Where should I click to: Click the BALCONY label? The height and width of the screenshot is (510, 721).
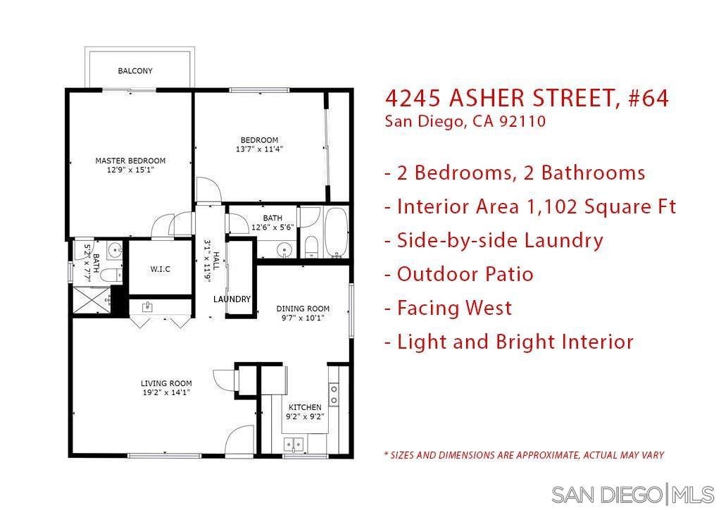coord(135,71)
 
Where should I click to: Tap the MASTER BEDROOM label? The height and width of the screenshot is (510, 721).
coord(130,161)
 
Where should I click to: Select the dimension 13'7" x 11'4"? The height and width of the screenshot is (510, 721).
coord(259,149)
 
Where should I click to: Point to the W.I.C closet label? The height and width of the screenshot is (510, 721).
coord(160,269)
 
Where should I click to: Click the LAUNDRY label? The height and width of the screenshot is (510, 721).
coord(232,299)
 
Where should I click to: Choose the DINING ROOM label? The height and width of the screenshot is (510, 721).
coord(303,309)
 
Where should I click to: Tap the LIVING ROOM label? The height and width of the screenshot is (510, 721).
coord(166,383)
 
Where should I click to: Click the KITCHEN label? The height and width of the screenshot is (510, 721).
coord(305,407)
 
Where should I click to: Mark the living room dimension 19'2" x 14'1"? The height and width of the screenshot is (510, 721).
coord(166,393)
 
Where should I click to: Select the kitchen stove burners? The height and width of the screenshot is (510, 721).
coord(334,395)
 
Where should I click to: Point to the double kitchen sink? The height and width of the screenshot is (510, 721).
coord(294,444)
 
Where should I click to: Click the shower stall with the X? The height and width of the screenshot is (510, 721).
coord(92,300)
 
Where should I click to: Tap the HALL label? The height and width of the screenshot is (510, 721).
coord(216,261)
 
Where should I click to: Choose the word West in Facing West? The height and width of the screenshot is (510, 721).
coord(489,308)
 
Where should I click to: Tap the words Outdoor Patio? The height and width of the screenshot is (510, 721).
coord(465,274)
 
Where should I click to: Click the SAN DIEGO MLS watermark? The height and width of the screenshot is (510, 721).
coord(633,495)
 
